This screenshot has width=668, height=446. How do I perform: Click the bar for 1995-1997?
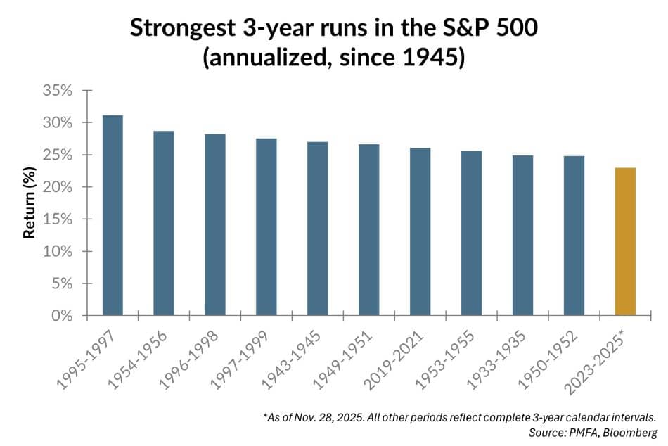113,215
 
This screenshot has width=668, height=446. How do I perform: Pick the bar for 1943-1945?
317,228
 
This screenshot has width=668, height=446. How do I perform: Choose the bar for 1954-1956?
164,222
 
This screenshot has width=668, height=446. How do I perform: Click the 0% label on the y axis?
63,316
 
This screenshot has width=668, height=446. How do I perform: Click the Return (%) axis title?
30,203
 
